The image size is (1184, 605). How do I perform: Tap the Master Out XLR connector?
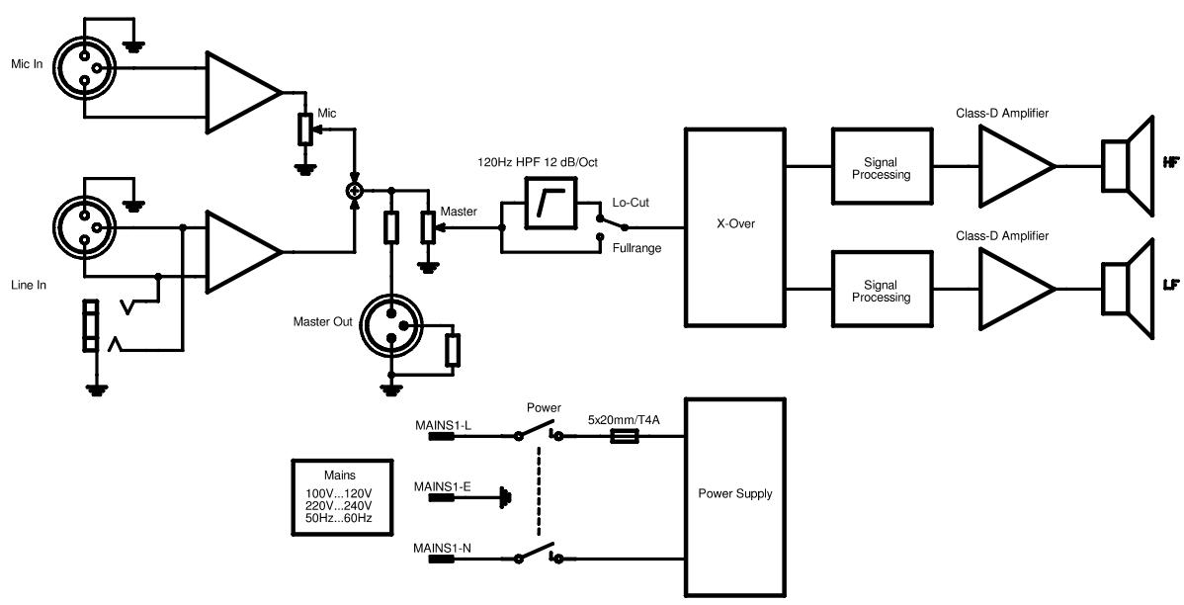pyautogui.click(x=391, y=323)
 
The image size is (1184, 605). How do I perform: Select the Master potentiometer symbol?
pyautogui.click(x=426, y=227)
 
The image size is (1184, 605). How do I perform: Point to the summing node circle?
pyautogui.click(x=353, y=189)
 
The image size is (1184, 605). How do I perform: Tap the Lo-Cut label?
pyautogui.click(x=631, y=202)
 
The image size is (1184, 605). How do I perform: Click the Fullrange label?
pyautogui.click(x=635, y=248)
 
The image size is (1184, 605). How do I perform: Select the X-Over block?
pyautogui.click(x=734, y=225)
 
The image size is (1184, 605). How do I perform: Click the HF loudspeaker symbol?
pyautogui.click(x=1129, y=165)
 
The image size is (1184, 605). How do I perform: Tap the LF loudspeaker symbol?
pyautogui.click(x=1129, y=287)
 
